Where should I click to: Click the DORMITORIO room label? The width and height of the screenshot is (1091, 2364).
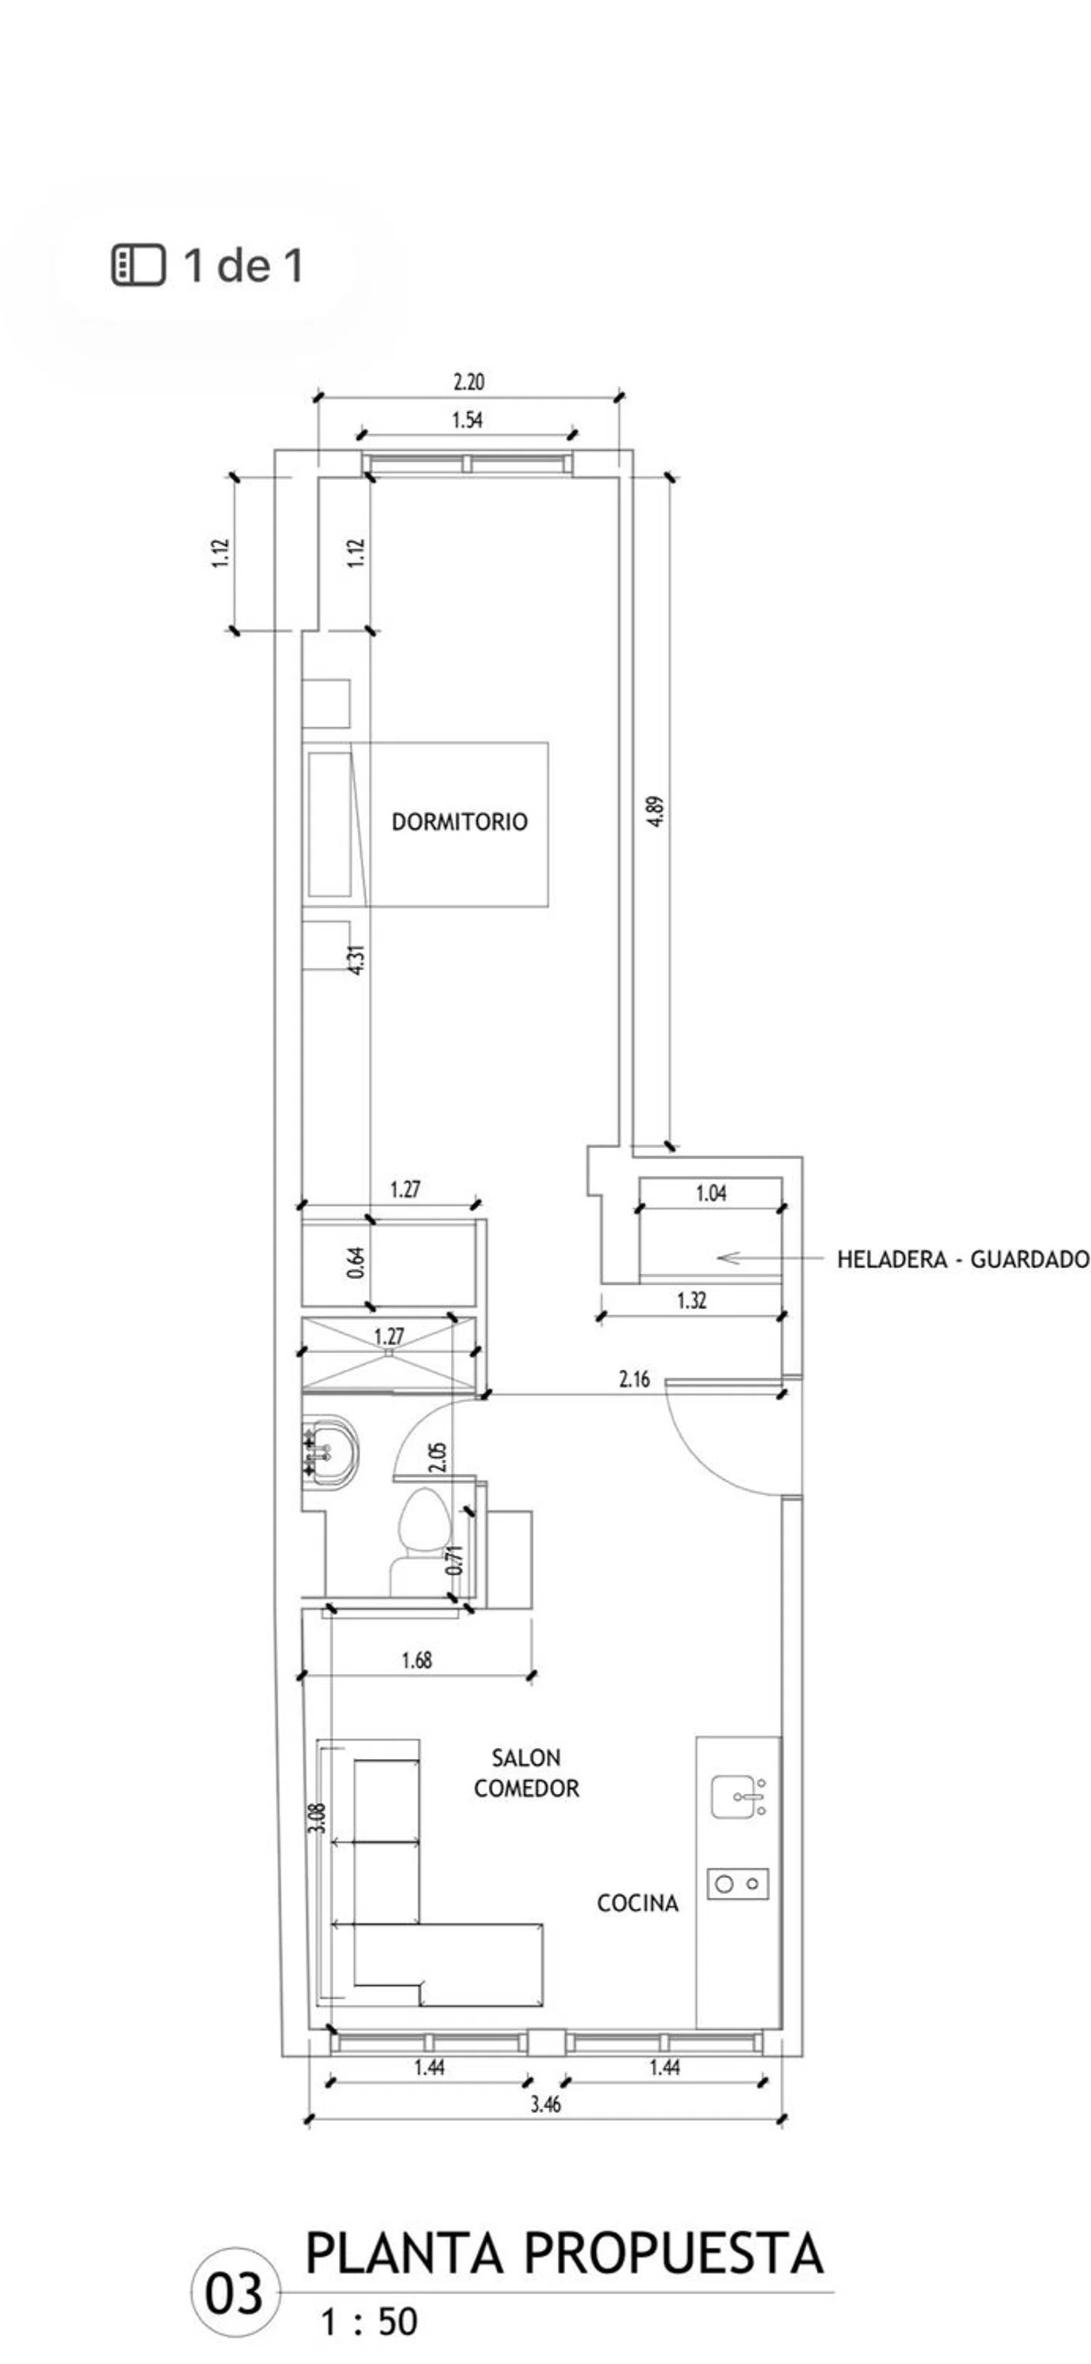tap(460, 822)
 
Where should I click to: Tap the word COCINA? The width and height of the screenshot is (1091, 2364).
tap(638, 1903)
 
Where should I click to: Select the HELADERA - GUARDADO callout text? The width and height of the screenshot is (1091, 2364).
tap(962, 1259)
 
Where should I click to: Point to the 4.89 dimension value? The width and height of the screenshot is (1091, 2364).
tap(655, 812)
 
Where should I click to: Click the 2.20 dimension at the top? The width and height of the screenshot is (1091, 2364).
tap(469, 382)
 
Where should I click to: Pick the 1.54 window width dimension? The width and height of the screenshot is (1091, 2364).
tap(467, 420)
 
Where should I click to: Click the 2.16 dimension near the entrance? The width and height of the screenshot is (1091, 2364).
tap(634, 1379)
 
